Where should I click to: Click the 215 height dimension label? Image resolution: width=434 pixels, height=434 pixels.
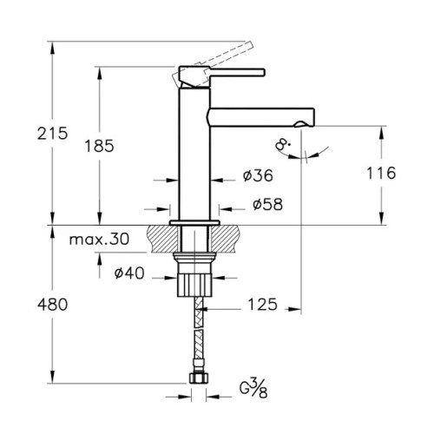[x=52, y=134]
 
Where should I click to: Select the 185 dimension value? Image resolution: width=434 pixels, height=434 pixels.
[x=99, y=146]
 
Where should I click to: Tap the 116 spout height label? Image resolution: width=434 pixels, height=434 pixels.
[x=381, y=173]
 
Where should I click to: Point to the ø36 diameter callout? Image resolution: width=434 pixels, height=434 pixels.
[x=258, y=175]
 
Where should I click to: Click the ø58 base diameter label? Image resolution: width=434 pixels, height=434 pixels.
[x=267, y=204]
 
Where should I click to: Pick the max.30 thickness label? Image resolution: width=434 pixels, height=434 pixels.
[x=99, y=240]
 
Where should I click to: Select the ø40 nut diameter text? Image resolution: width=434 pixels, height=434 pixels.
[x=129, y=273]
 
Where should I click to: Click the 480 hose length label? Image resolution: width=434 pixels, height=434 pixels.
[x=52, y=305]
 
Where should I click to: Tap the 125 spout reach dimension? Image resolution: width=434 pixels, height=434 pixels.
[x=262, y=305]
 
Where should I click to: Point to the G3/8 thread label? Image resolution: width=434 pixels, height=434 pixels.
[x=253, y=389]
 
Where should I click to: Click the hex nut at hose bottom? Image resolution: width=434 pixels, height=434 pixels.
[x=199, y=378]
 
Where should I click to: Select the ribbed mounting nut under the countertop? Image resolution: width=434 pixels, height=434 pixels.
[x=194, y=286]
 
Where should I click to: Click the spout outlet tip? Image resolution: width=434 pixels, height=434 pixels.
[x=304, y=124]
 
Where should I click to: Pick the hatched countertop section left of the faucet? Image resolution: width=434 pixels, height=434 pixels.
[x=162, y=239]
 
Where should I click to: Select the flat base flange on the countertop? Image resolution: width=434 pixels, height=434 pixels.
[x=194, y=223]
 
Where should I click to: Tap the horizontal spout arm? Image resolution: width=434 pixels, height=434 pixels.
[x=261, y=117]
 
